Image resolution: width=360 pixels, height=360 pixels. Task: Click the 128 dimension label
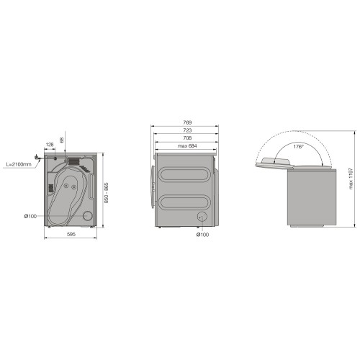tap(50, 145)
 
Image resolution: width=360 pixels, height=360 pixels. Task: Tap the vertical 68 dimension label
tap(62, 140)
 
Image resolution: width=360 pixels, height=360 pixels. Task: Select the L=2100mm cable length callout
tap(19, 165)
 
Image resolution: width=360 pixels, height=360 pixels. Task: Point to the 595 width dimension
tap(71, 234)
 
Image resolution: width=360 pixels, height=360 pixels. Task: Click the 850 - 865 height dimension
tap(107, 193)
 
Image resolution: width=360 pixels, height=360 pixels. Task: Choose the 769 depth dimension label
tap(187, 122)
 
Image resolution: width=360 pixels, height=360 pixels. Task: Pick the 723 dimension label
tap(187, 130)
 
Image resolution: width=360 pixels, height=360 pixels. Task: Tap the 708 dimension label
tap(187, 138)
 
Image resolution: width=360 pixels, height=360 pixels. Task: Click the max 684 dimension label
tap(187, 145)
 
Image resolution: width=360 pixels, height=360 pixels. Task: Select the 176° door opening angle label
tap(298, 146)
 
